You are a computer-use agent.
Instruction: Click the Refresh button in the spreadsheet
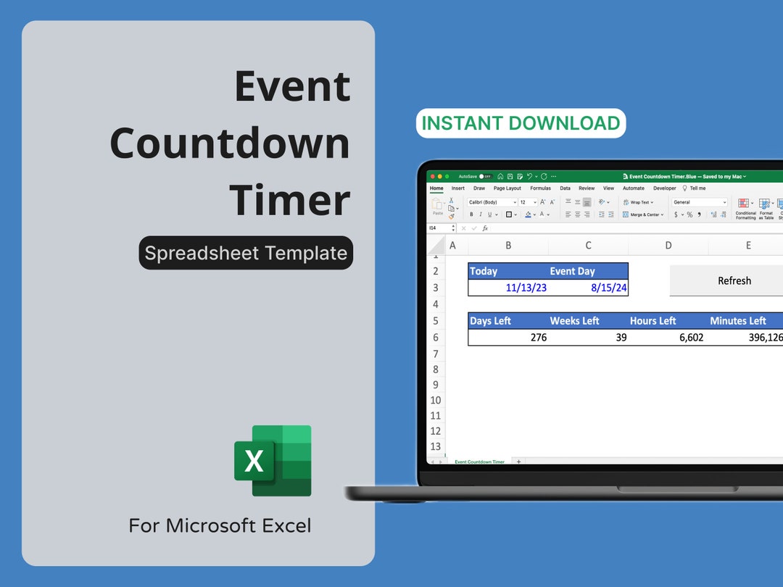coord(734,281)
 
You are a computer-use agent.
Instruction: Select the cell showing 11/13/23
coord(526,288)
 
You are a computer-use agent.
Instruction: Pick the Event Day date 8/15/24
coord(609,288)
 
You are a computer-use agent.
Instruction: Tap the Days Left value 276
coord(538,338)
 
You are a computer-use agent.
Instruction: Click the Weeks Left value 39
coord(621,338)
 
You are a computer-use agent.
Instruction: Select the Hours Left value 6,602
coord(691,338)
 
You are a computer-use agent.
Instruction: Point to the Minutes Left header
coord(738,321)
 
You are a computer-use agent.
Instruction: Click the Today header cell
coord(484,271)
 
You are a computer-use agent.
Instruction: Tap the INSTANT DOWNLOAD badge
coord(521,123)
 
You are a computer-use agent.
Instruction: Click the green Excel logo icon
coord(273,460)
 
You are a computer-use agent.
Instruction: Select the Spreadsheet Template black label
coord(246,253)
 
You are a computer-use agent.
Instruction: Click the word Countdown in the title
coord(230,143)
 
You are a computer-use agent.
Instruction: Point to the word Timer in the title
coord(290,200)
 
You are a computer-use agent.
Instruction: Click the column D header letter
coord(668,246)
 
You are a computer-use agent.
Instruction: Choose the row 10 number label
coord(435,400)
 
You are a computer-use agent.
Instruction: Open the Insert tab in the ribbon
coord(458,188)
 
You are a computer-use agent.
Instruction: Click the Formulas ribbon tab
coord(540,188)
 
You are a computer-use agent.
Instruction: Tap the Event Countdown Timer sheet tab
coord(479,462)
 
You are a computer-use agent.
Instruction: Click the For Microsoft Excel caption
coord(220,525)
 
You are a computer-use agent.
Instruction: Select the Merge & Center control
coord(643,215)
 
